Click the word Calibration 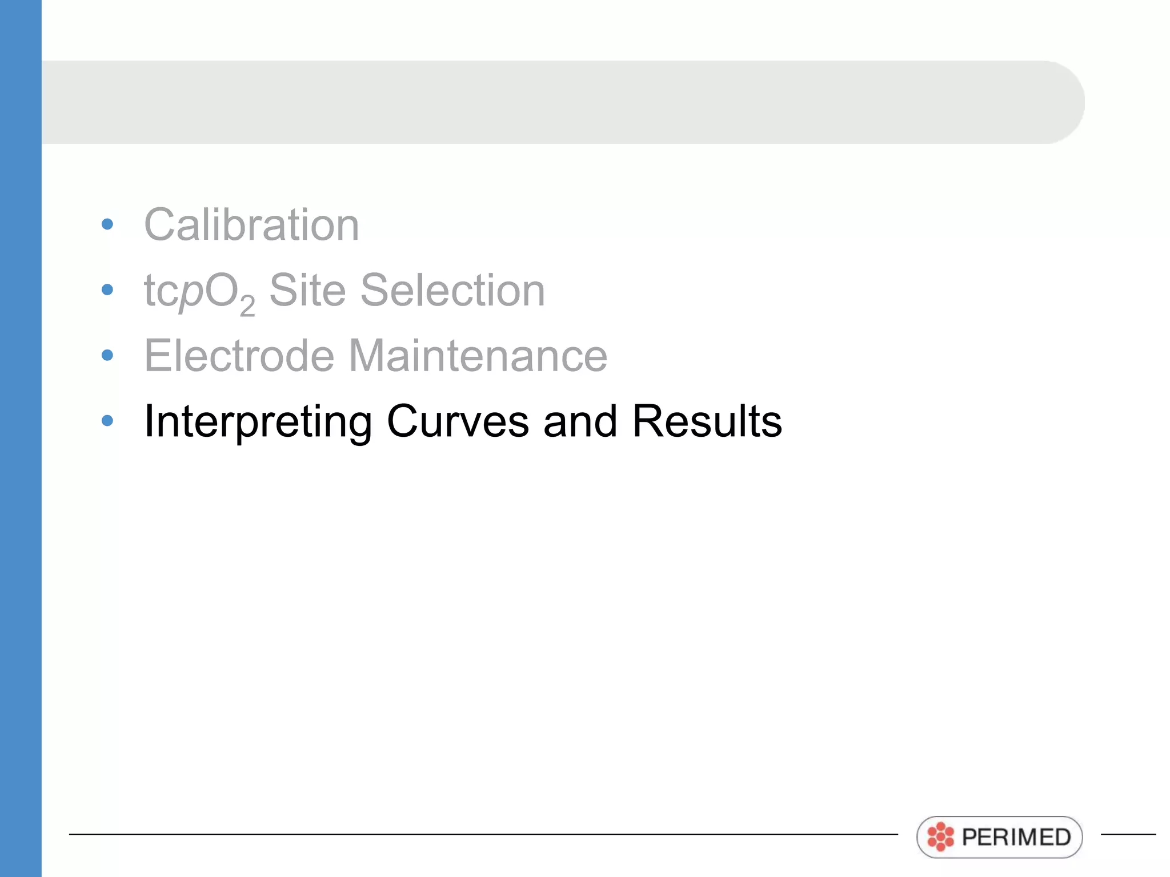251,225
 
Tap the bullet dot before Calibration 107,224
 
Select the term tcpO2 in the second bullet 199,292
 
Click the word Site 307,290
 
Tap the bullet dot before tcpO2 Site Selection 107,289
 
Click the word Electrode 239,356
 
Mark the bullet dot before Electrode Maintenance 107,355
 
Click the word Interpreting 258,422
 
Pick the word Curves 458,421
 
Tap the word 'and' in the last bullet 580,421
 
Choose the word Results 707,421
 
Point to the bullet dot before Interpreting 107,421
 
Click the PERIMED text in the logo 1016,837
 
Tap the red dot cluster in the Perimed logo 940,837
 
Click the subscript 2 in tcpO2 247,307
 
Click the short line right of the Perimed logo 1128,834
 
